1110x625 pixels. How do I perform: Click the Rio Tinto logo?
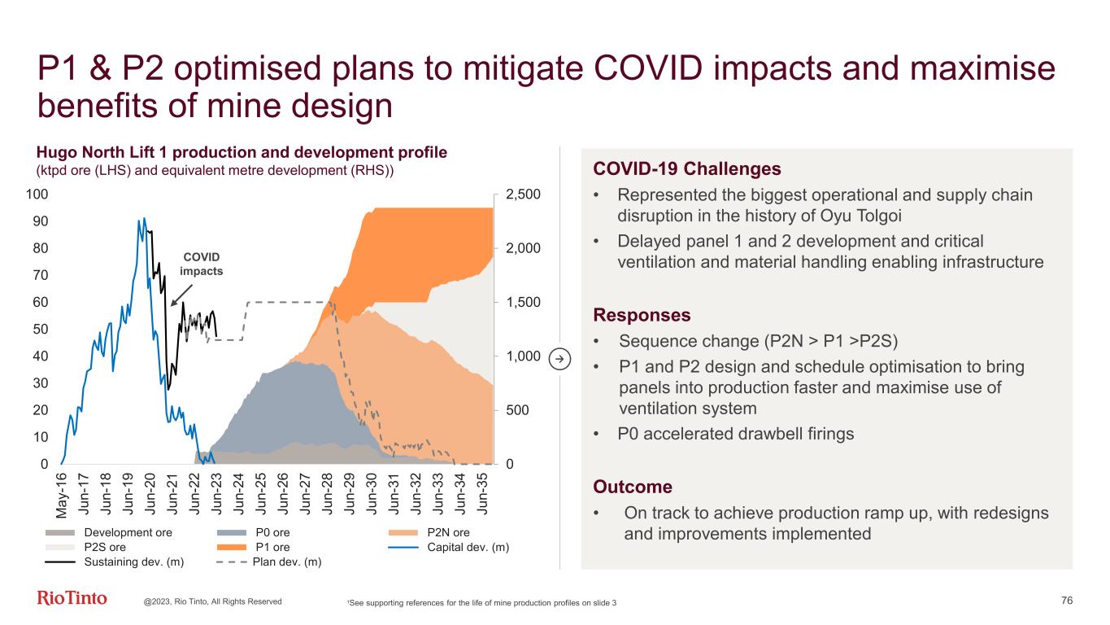tap(72, 599)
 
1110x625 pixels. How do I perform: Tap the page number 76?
tap(1067, 601)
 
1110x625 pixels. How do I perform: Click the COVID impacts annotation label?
tap(201, 264)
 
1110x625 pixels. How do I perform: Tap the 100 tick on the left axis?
tap(38, 194)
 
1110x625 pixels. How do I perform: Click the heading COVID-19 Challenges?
tap(687, 169)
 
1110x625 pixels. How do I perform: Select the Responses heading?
tap(642, 315)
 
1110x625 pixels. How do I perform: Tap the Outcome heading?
tap(633, 487)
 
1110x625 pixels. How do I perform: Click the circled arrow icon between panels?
tap(559, 357)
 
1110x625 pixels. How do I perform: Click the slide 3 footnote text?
tap(482, 602)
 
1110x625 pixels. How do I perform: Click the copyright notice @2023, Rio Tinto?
tap(213, 601)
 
